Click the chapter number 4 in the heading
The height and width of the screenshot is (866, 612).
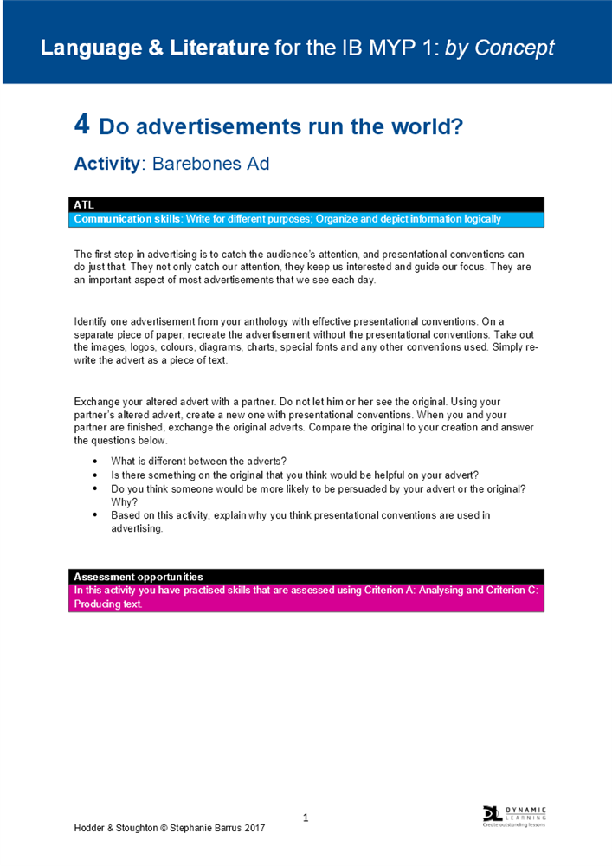[81, 126]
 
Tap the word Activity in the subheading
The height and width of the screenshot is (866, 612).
[106, 164]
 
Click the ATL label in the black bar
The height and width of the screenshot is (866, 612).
[83, 205]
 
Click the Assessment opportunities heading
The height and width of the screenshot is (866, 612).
[139, 577]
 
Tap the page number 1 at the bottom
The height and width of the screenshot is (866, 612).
[306, 818]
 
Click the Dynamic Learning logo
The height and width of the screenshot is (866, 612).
[514, 816]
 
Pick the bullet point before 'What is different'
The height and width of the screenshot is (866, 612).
[94, 460]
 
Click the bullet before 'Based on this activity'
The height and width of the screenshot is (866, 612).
[94, 515]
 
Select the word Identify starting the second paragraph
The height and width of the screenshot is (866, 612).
[92, 322]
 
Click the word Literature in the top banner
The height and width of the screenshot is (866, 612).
[225, 48]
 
